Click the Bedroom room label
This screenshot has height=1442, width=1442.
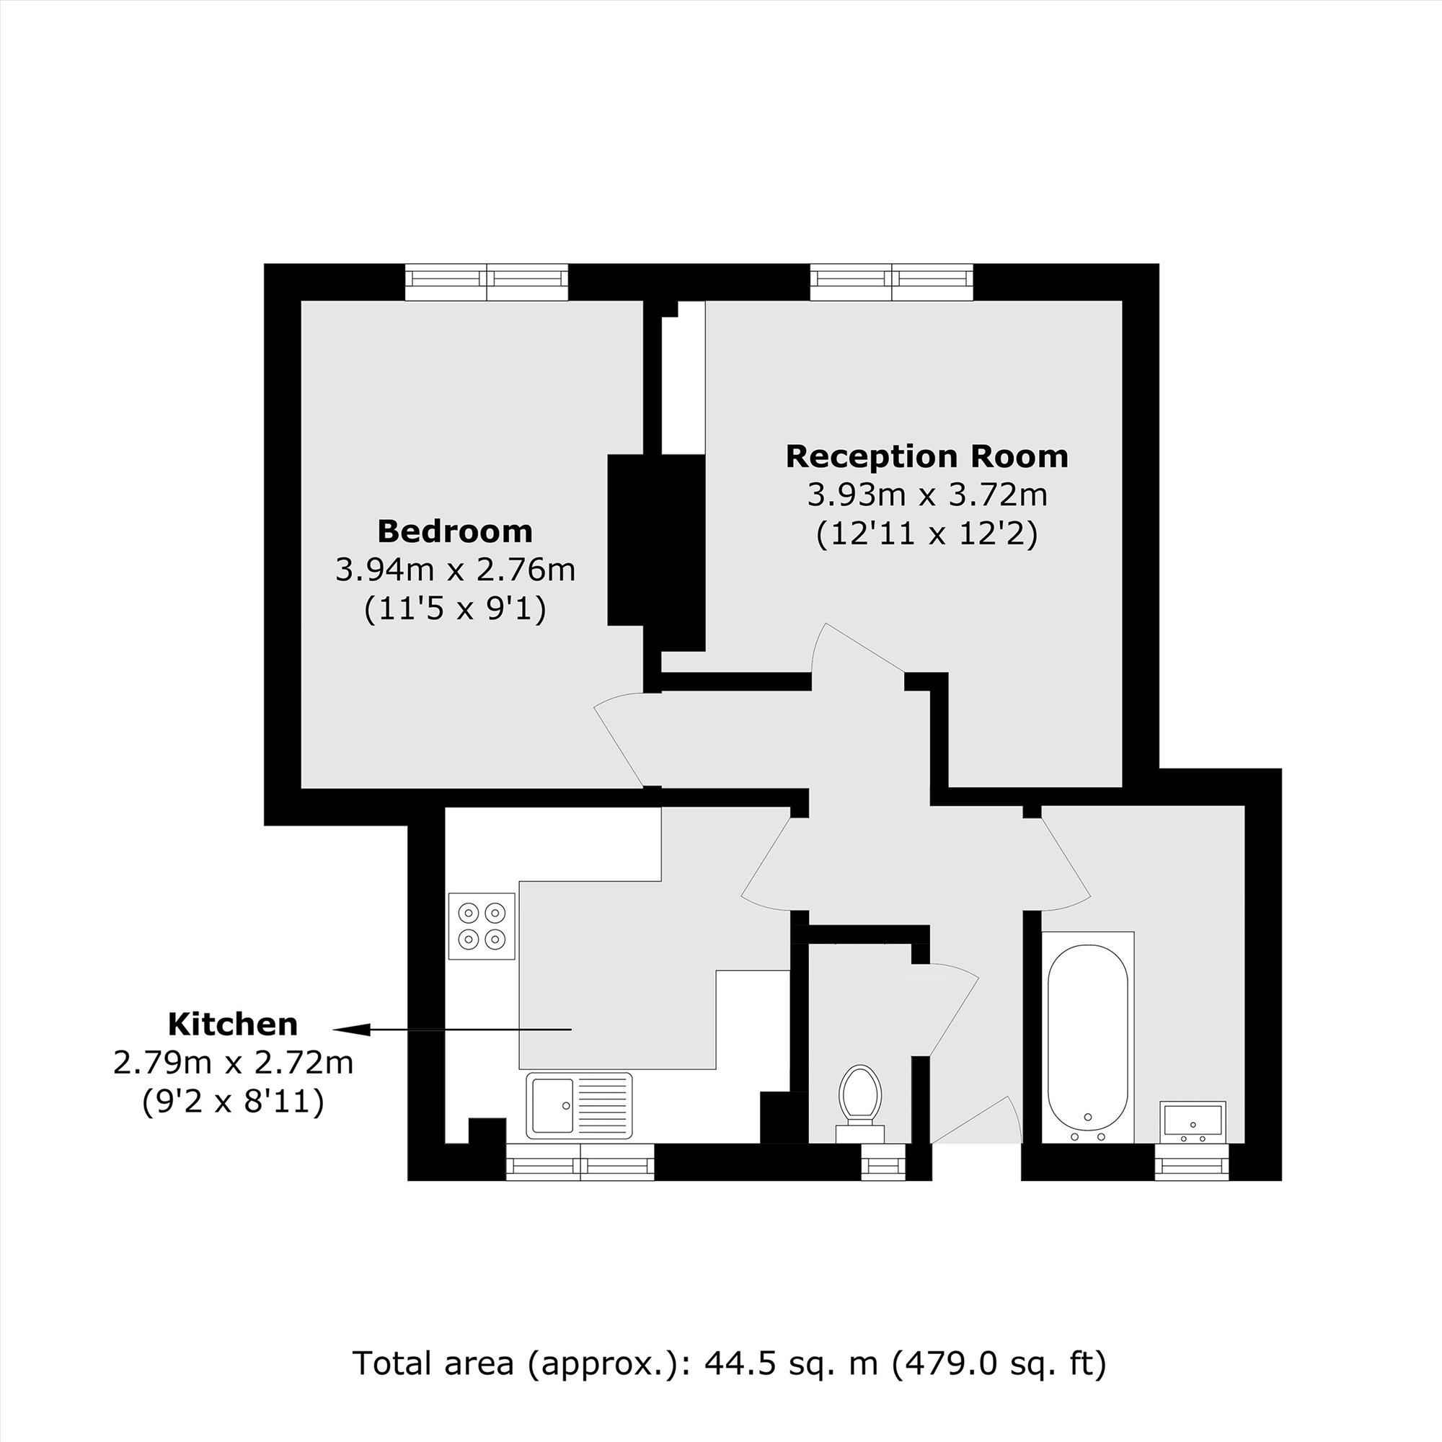[454, 531]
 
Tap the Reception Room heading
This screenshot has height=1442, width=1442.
[926, 456]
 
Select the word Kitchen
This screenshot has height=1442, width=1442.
[232, 1024]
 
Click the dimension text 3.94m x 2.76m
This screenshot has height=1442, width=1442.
[454, 570]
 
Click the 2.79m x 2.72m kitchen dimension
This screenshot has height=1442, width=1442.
[232, 1062]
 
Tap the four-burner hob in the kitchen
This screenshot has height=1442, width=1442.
[482, 926]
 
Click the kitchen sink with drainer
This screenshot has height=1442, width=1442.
[578, 1105]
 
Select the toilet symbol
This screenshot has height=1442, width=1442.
[859, 1098]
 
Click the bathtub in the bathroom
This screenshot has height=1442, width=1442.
[1087, 1037]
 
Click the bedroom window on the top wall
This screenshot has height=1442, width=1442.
[486, 281]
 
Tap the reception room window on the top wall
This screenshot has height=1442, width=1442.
[892, 281]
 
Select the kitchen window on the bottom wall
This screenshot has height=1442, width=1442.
[580, 1162]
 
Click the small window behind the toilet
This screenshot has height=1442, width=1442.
[883, 1162]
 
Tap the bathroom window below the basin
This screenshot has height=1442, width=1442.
[1191, 1162]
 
